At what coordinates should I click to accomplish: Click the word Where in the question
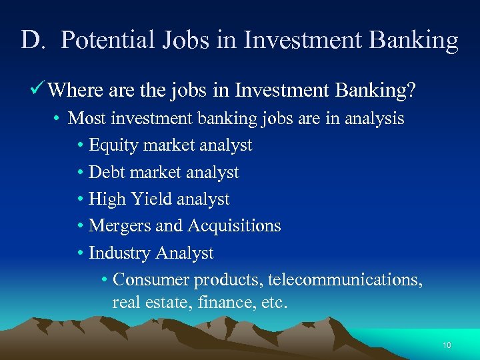coord(77,89)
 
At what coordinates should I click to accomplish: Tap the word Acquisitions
coord(234,226)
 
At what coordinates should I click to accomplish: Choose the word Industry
coord(120,253)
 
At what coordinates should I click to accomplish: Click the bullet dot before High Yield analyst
coord(81,199)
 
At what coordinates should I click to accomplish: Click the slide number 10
coord(447,345)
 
